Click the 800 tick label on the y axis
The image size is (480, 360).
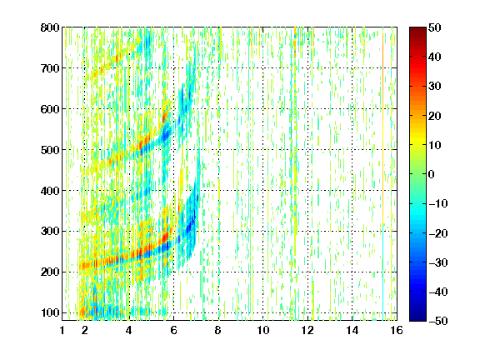coord(50,27)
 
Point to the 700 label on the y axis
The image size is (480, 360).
coord(50,68)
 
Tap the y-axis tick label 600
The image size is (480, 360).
coord(50,109)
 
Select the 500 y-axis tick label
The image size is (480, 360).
coord(50,150)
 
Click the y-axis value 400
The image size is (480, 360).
coord(50,191)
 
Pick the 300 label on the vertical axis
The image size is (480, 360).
coord(50,232)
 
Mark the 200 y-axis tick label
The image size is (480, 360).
coord(50,272)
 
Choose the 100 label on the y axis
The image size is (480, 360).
coord(50,312)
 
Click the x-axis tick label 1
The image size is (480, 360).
coord(62,330)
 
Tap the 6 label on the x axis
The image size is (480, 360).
coord(174,330)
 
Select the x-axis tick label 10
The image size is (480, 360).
coord(263,330)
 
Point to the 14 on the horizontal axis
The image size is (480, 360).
coord(352,330)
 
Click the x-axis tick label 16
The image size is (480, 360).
coord(397,330)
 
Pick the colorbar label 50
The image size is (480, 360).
coord(434,27)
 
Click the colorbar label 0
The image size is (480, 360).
coord(432,174)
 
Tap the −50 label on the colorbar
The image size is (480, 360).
coord(438,321)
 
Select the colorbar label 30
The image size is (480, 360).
coord(434,87)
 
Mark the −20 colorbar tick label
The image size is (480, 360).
coord(438,233)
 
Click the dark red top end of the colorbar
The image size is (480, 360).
coord(417,29)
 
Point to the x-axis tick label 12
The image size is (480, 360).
coord(307,330)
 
